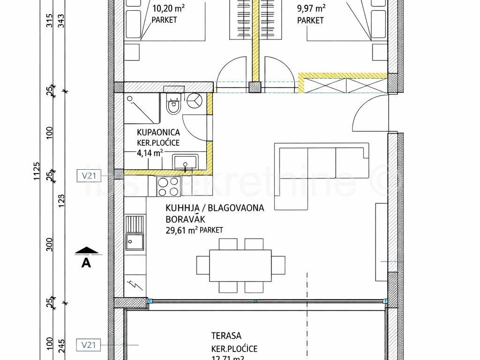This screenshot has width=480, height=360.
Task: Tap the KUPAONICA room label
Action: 151,133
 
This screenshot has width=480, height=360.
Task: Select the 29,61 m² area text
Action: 180,230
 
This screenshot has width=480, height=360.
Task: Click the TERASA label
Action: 226,336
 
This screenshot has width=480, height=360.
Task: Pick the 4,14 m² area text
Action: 150,152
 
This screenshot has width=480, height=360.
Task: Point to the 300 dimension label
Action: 50,244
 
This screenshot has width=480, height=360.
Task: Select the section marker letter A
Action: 86,263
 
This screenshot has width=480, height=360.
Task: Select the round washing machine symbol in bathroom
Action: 195,101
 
